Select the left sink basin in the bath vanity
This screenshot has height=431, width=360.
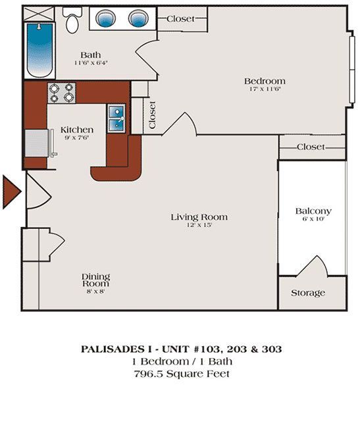tap(105, 18)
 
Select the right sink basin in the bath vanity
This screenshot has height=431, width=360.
tap(138, 18)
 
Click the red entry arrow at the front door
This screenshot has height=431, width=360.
tap(12, 191)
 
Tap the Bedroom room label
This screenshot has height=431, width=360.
tap(265, 81)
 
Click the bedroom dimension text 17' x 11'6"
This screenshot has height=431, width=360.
tap(265, 89)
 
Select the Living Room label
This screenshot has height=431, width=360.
tap(199, 216)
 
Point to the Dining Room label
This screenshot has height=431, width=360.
tap(95, 280)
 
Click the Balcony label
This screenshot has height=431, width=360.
tap(313, 211)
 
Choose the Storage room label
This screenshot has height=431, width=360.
tap(308, 293)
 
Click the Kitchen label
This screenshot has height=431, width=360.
tap(76, 130)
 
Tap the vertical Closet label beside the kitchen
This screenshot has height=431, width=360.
tap(153, 114)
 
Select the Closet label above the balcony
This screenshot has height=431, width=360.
tap(311, 147)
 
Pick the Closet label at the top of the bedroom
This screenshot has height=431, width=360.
tap(180, 18)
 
